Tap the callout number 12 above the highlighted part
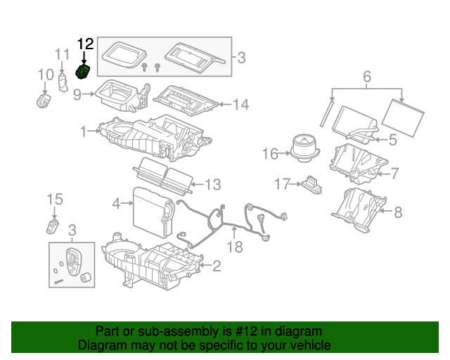click(x=84, y=44)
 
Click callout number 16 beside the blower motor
click(x=270, y=153)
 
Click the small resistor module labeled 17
click(x=311, y=184)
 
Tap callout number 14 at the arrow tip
click(x=240, y=105)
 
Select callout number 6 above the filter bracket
click(x=366, y=76)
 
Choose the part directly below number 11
click(x=63, y=83)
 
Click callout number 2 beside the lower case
click(x=217, y=265)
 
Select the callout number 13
click(x=212, y=184)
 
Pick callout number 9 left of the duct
click(x=77, y=94)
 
